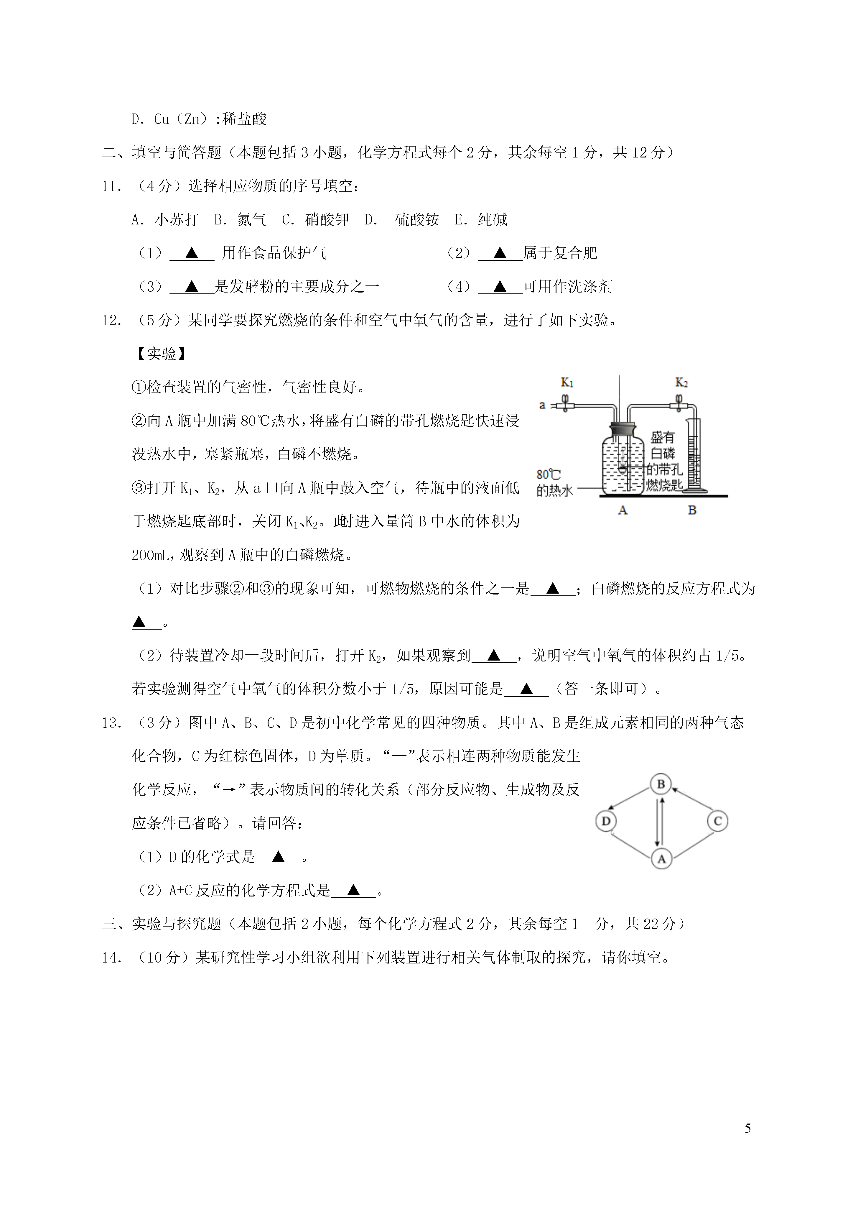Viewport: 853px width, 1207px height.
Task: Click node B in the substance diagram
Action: pos(661,784)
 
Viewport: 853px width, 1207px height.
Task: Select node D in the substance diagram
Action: pos(606,821)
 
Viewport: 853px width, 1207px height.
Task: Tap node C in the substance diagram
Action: pos(717,821)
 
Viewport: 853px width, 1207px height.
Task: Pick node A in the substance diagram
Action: pos(661,859)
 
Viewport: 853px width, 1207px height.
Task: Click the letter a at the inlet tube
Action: pos(542,405)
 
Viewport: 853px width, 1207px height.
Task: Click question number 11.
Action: pos(111,186)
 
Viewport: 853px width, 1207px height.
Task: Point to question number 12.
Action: pos(111,320)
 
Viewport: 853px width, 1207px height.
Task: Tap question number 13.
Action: pos(111,723)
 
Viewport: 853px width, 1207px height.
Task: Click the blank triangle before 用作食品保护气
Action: pos(192,253)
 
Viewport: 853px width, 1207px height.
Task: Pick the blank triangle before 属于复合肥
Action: pos(500,253)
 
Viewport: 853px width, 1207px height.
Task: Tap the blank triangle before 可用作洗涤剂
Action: pos(500,287)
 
